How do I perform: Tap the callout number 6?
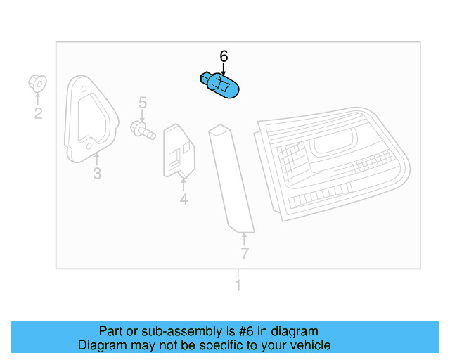point(224,56)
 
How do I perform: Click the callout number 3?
point(97,174)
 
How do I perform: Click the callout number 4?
point(184,200)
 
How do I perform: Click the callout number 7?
point(244,253)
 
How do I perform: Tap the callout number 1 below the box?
point(238,285)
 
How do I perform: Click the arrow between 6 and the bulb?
point(224,69)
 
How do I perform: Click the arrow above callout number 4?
point(184,185)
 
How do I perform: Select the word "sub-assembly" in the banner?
point(162,331)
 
